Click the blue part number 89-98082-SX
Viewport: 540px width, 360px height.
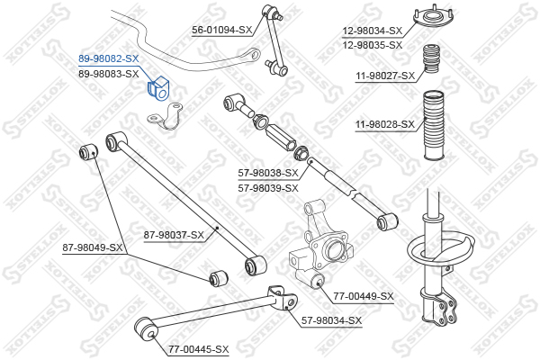point(109,58)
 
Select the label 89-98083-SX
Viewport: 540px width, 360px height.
point(109,74)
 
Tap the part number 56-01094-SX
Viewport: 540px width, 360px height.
point(222,30)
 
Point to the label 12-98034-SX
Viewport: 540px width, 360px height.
point(373,31)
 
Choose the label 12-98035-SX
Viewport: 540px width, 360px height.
point(373,45)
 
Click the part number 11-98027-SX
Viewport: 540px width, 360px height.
point(385,76)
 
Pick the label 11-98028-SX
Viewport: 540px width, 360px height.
point(385,124)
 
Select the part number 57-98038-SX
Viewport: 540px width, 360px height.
point(268,173)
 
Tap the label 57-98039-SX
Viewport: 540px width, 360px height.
point(268,188)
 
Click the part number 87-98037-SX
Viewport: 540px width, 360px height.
point(174,235)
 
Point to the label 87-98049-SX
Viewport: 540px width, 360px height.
point(93,247)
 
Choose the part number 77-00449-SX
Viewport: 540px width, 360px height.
point(364,296)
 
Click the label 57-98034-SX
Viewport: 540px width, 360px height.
point(331,320)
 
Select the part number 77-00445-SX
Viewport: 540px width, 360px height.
point(199,349)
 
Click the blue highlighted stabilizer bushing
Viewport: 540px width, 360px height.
point(158,88)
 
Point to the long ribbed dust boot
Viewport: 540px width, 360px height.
point(433,125)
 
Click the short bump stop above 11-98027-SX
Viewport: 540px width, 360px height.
point(431,58)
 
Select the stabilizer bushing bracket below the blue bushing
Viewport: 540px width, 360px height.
point(165,116)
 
